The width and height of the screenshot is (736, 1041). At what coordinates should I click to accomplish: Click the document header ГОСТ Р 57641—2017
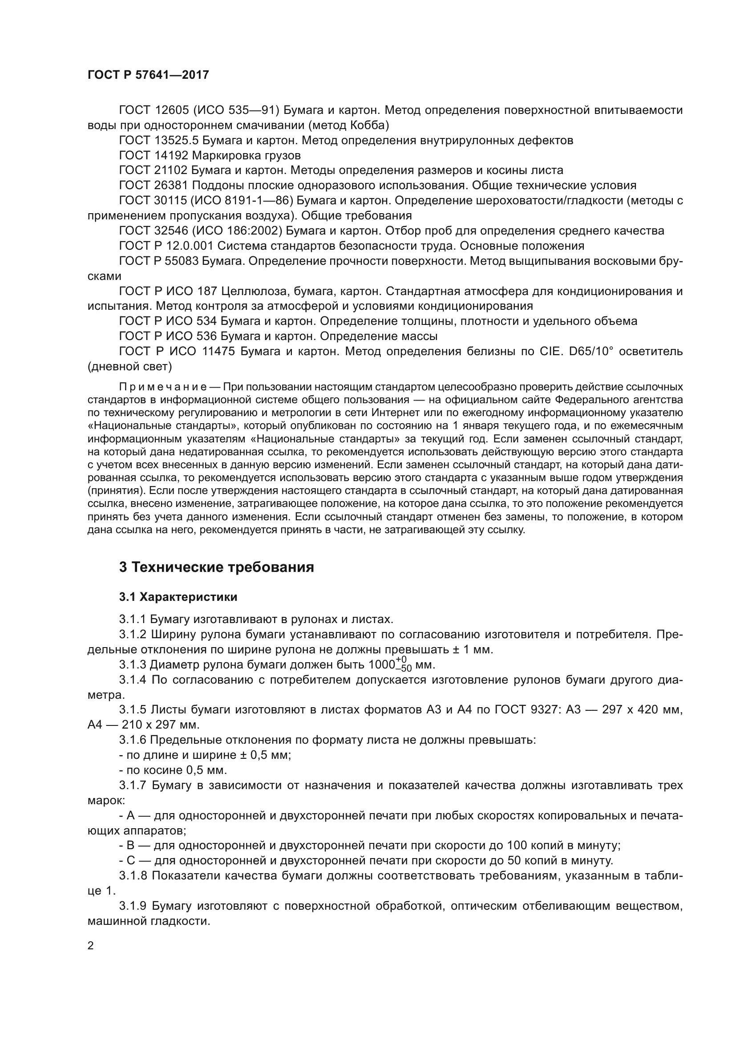[x=148, y=75]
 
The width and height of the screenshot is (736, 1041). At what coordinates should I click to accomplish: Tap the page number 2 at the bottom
[x=91, y=946]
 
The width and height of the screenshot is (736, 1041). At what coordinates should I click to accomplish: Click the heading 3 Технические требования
[x=217, y=567]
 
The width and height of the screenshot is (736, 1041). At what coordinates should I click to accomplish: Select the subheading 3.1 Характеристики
[x=178, y=597]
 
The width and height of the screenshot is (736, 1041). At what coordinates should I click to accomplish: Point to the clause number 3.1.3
[x=132, y=664]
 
